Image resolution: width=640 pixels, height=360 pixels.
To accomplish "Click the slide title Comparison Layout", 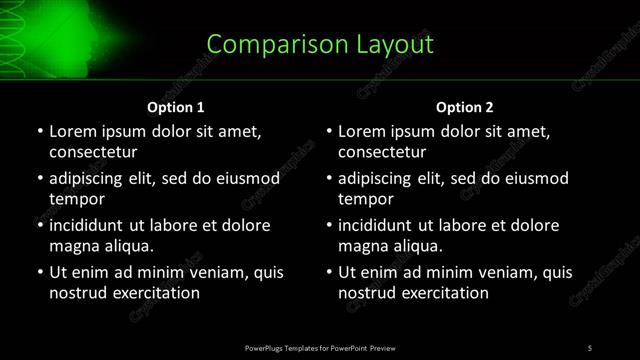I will click(320, 44).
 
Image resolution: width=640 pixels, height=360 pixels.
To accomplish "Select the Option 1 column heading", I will click(176, 107).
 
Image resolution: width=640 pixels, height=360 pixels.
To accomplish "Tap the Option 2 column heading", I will click(465, 107).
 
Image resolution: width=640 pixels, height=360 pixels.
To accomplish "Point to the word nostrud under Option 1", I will click(76, 292).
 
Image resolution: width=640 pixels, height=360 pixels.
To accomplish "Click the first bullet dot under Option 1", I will click(40, 132).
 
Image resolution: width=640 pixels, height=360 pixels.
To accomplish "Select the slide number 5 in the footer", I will click(590, 347).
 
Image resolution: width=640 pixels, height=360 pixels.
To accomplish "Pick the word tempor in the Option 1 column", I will click(73, 198).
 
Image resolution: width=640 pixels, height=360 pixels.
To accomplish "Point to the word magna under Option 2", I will click(361, 245).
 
